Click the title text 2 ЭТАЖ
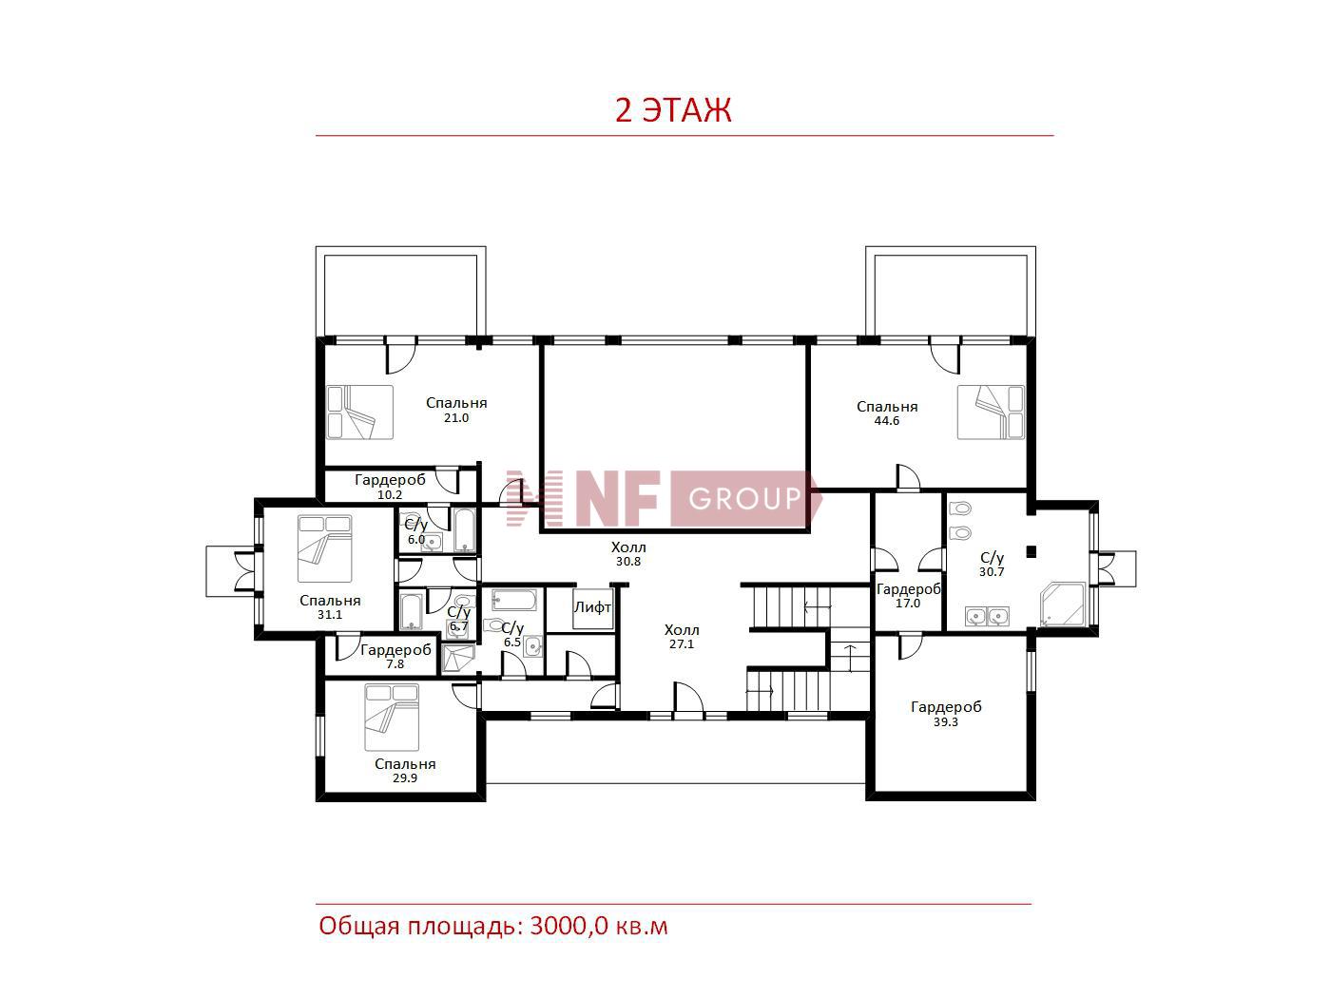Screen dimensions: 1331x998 coord(673,110)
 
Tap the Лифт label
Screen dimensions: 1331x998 coord(592,607)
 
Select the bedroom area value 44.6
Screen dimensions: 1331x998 coord(886,420)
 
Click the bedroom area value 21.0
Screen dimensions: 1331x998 coord(456,417)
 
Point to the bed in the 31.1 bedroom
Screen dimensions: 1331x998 coord(324,548)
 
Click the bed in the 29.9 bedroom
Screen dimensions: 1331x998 coord(392,718)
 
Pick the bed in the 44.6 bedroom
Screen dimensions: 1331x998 coord(991,413)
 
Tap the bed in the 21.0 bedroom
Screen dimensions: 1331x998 coord(360,413)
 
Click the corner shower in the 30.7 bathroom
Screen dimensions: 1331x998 coord(1062,605)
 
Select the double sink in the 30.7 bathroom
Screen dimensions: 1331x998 coord(987,617)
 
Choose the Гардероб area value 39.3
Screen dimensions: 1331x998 coord(946,722)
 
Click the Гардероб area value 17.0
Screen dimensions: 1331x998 coord(908,603)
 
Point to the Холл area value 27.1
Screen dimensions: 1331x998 coord(682,643)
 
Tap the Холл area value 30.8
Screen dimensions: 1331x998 coord(628,561)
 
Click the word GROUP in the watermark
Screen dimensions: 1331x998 coord(744,499)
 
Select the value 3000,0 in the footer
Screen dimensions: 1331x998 coord(569,925)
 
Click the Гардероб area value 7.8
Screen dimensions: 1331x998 coord(395,664)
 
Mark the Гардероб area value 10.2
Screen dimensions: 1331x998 coord(389,494)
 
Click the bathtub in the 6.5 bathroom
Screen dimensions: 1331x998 coord(514,600)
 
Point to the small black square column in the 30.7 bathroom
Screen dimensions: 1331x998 coord(1031,551)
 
